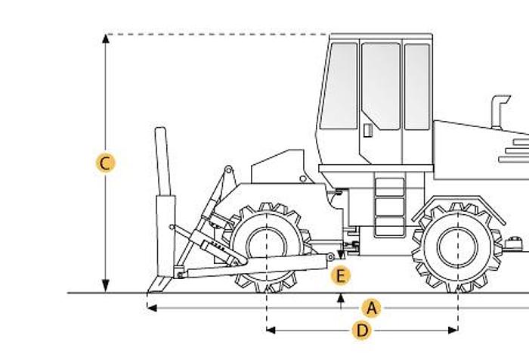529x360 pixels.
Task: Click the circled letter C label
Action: (x=107, y=163)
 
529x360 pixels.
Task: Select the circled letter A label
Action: (x=370, y=308)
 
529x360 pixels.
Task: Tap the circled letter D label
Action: (x=362, y=330)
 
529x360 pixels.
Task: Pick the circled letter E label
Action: (x=341, y=276)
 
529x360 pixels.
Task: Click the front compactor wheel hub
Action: (x=268, y=244)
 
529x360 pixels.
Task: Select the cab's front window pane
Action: (x=339, y=85)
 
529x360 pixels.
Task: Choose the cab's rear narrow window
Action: (x=416, y=86)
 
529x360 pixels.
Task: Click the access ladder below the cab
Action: (x=389, y=205)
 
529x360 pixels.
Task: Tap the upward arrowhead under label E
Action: (x=341, y=297)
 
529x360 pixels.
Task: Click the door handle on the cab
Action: (x=367, y=129)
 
